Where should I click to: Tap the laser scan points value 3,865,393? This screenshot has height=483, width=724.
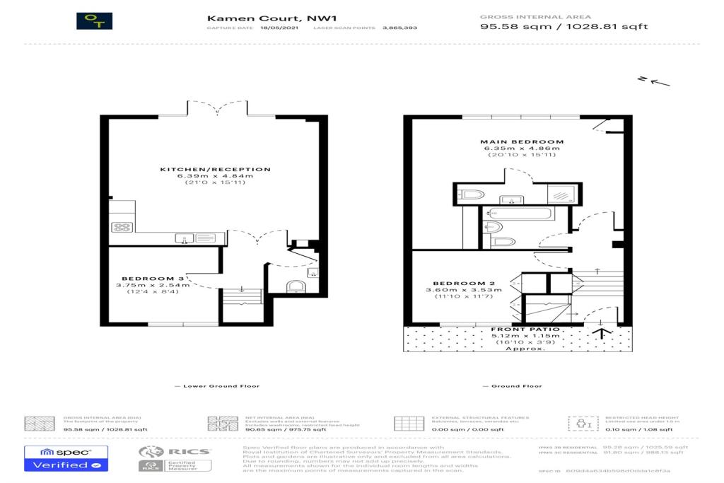(399, 28)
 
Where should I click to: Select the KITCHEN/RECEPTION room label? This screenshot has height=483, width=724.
(215, 170)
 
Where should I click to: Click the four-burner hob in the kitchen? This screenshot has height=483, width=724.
(122, 228)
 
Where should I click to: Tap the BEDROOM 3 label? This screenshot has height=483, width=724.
(153, 279)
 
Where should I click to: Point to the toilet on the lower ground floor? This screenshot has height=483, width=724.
(296, 286)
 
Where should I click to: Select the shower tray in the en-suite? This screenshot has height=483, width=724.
(564, 194)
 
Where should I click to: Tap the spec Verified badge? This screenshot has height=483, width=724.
(66, 458)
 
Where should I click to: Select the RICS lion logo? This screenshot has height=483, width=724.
(151, 451)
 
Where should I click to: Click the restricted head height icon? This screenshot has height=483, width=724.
(579, 423)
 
